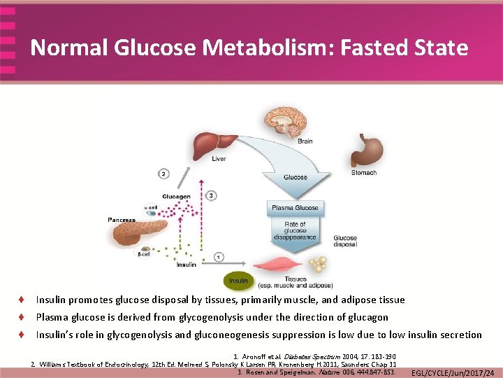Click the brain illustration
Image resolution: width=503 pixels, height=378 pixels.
pyautogui.click(x=283, y=122)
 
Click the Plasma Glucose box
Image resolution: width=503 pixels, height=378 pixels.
pyautogui.click(x=294, y=208)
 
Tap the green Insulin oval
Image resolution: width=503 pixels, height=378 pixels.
pyautogui.click(x=238, y=281)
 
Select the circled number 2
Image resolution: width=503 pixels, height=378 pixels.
pyautogui.click(x=163, y=174)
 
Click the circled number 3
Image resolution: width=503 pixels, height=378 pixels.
pyautogui.click(x=212, y=195)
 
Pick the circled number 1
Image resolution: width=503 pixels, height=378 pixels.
pyautogui.click(x=219, y=258)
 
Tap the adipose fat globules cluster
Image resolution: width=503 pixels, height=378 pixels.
pyautogui.click(x=319, y=265)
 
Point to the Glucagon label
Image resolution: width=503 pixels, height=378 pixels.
pyautogui.click(x=176, y=197)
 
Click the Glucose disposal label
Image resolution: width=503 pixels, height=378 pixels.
pyautogui.click(x=345, y=241)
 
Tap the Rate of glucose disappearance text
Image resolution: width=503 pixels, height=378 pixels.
pyautogui.click(x=295, y=232)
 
